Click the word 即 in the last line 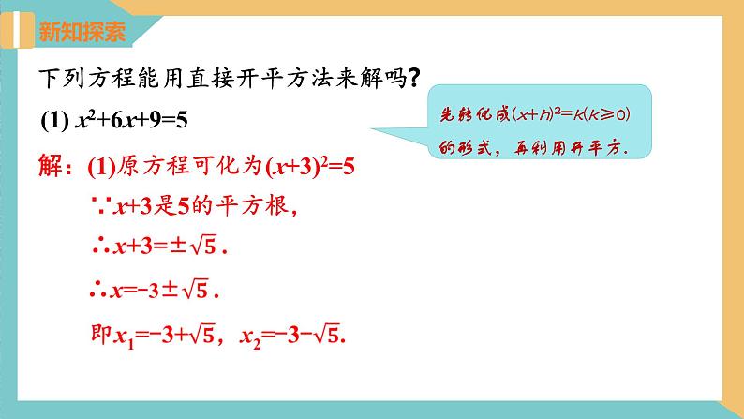96,334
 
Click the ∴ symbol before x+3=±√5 97,251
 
